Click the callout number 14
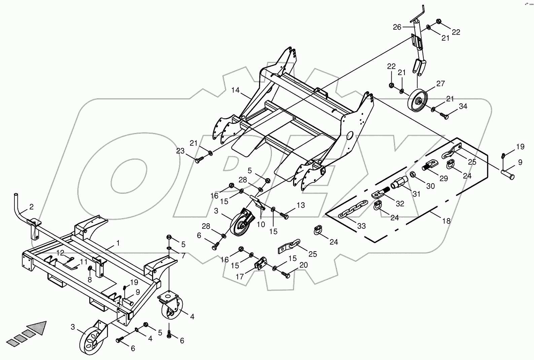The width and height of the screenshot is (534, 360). pos(235,90)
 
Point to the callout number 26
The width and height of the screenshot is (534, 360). pos(397,27)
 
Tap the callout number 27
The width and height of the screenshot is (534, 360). pos(440,84)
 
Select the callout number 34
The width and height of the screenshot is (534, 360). pos(463,106)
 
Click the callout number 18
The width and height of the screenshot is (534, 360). pos(446,221)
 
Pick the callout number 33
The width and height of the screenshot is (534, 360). pos(361,226)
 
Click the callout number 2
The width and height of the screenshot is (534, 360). pos(31,207)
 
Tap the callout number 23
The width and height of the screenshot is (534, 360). pos(180,151)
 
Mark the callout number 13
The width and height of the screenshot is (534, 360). pos(301,205)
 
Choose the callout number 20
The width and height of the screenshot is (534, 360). pos(304,265)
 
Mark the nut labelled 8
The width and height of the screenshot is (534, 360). pos(90,269)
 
